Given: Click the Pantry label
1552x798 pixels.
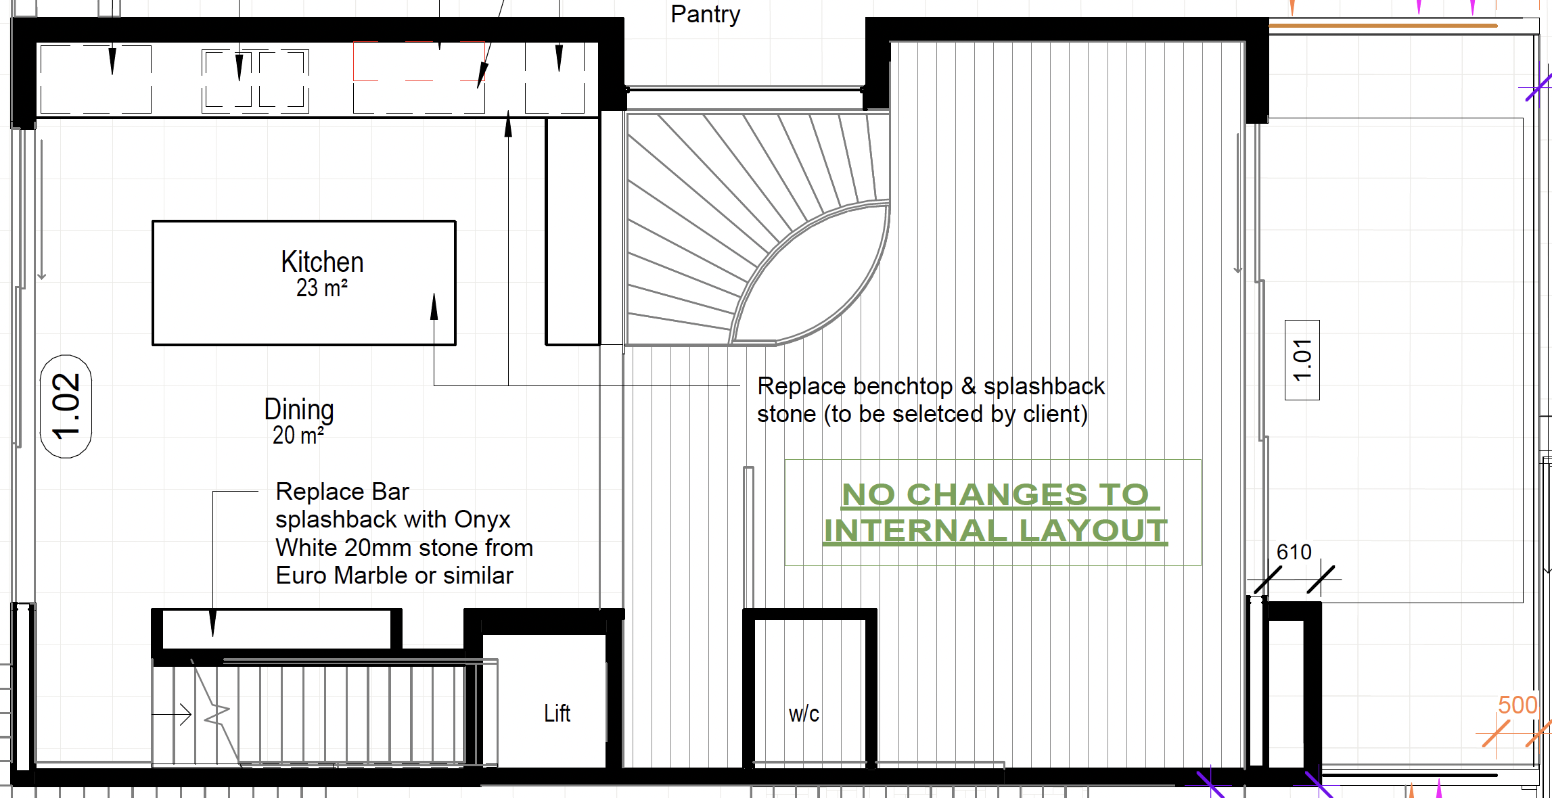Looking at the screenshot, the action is pyautogui.click(x=705, y=15).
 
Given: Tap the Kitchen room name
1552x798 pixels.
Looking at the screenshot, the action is pyautogui.click(x=322, y=262).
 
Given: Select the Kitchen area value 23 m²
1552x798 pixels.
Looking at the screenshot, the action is pyautogui.click(x=322, y=288).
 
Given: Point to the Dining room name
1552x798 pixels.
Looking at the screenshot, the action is pyautogui.click(x=298, y=410).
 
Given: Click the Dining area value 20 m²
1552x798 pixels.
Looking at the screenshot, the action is pyautogui.click(x=298, y=436).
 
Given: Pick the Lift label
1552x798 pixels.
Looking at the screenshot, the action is pyautogui.click(x=557, y=713).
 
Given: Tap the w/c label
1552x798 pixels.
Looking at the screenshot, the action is pyautogui.click(x=804, y=714).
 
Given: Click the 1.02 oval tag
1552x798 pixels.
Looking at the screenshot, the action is pyautogui.click(x=66, y=406).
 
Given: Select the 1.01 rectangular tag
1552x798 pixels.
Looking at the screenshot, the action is pyautogui.click(x=1302, y=360).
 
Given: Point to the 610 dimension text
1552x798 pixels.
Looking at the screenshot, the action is pyautogui.click(x=1294, y=552).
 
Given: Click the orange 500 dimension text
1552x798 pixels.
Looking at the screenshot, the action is pyautogui.click(x=1517, y=705).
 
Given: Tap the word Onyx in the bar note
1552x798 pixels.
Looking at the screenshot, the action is pyautogui.click(x=482, y=519).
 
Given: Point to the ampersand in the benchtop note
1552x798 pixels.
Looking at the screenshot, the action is pyautogui.click(x=968, y=387).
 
